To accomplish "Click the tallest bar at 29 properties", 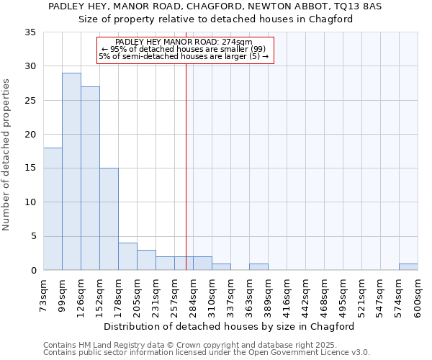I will [71, 171].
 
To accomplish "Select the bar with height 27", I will [90, 179].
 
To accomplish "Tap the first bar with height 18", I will [53, 209].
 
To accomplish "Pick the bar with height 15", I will [109, 219].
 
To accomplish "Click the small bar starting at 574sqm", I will [408, 267].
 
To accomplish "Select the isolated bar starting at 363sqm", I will [258, 267].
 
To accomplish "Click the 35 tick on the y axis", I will [30, 32].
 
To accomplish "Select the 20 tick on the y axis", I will [30, 135].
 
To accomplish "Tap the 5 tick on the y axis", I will [33, 236].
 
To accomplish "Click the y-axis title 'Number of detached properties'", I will [6, 155].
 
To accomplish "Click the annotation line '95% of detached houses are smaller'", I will [184, 49].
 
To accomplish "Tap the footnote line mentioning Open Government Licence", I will [207, 352].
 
